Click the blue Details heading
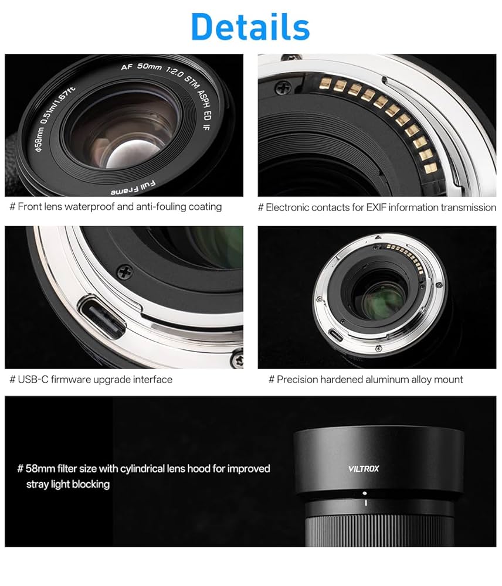coord(250,26)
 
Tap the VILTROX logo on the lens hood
coord(364,468)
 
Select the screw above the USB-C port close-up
coord(124,272)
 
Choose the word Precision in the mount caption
coord(297,379)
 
